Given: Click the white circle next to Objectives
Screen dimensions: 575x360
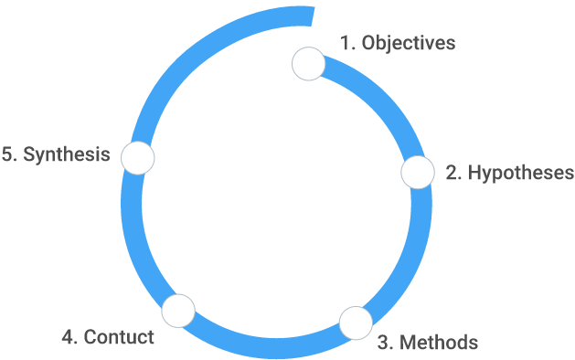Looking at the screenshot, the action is pos(308,64).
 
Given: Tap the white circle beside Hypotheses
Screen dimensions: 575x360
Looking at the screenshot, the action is pos(418,173).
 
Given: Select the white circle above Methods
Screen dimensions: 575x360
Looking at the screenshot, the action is pos(356,323).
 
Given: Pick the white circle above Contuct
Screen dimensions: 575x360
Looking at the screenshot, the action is pos(178,311).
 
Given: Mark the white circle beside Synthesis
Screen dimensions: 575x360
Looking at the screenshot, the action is pos(137,158).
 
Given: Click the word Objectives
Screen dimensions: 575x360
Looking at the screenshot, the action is pos(409,43).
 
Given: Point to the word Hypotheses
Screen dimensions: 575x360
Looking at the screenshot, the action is pos(521,173).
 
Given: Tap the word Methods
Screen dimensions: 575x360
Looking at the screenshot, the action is pos(439,343).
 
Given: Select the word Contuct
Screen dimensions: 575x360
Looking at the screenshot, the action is pos(119,337).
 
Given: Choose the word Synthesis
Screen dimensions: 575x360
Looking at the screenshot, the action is pos(67,154).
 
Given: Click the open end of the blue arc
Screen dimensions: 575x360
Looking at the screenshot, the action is pos(313,16).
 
